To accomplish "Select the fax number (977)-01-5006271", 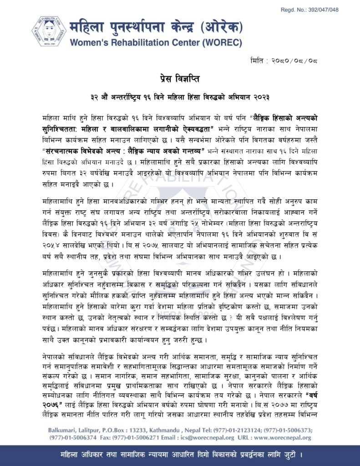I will click(150, 438).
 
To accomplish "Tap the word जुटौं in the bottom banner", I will click(291, 455).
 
